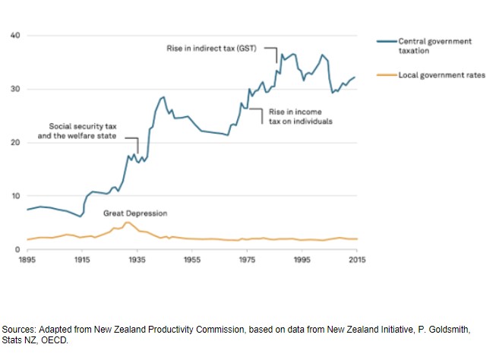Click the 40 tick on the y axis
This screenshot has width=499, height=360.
coord(15,36)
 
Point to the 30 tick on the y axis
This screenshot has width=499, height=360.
coord(15,89)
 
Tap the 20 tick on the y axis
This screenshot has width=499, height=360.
coord(15,143)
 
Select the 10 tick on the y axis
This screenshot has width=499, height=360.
coord(15,196)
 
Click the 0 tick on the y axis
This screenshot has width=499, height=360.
coord(17,249)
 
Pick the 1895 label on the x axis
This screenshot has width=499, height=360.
coord(27,260)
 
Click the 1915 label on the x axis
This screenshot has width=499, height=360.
coord(82,260)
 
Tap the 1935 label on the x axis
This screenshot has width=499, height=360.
coord(137,260)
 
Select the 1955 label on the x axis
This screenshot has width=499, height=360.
coord(192,260)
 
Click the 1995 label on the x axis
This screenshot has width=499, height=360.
coord(302,260)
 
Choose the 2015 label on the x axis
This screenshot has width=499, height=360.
coord(357,260)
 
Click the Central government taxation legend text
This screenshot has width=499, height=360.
coord(435,46)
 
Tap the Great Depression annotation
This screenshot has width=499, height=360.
coord(135,213)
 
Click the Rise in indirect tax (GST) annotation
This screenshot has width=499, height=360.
coord(212,48)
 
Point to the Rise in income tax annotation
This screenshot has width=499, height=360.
coord(302,116)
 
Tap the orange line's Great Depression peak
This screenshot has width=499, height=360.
coord(127,223)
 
